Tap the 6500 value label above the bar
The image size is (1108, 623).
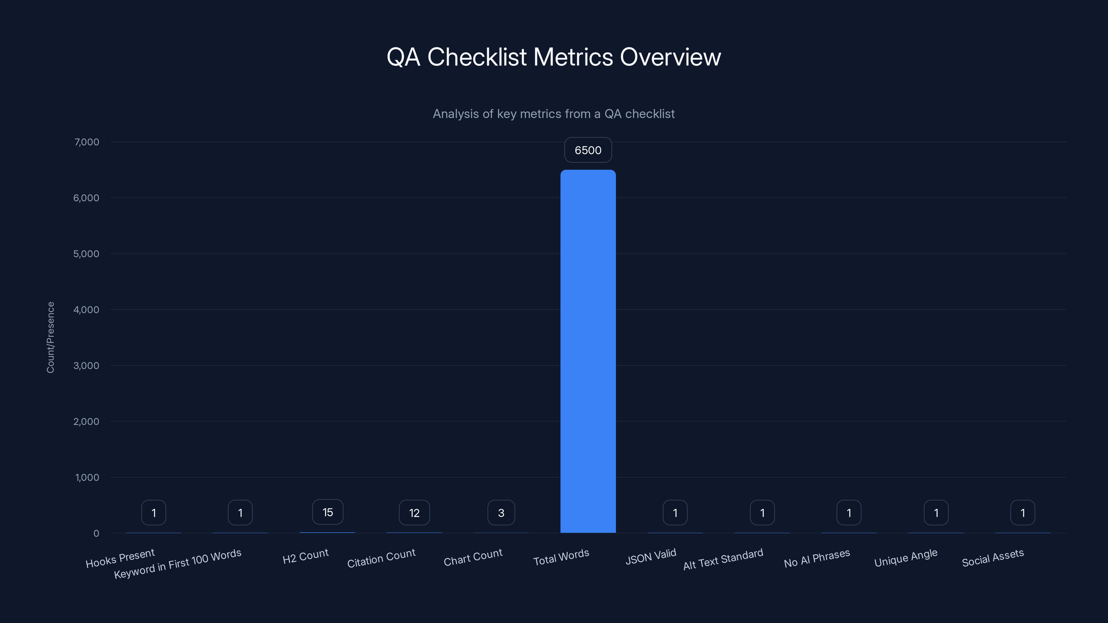pyautogui.click(x=588, y=150)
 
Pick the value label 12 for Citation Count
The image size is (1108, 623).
pyautogui.click(x=414, y=513)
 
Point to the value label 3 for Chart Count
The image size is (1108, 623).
pyautogui.click(x=501, y=513)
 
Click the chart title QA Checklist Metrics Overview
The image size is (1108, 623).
pyautogui.click(x=554, y=57)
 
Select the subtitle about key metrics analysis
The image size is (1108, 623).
pyautogui.click(x=554, y=114)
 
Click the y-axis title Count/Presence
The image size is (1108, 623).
pyautogui.click(x=50, y=337)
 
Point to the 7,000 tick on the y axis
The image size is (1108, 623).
pyautogui.click(x=87, y=142)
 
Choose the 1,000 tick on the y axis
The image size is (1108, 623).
pyautogui.click(x=87, y=477)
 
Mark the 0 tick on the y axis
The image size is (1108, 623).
pyautogui.click(x=96, y=533)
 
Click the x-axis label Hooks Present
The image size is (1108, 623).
pyautogui.click(x=120, y=558)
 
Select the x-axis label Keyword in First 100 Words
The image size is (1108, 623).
pyautogui.click(x=177, y=564)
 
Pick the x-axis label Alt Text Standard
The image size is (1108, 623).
pyautogui.click(x=723, y=559)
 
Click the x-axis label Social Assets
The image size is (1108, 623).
pyautogui.click(x=992, y=558)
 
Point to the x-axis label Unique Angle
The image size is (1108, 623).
pyautogui.click(x=905, y=558)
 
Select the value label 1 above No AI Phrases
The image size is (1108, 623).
pyautogui.click(x=848, y=513)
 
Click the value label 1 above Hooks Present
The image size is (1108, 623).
pyautogui.click(x=153, y=513)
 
